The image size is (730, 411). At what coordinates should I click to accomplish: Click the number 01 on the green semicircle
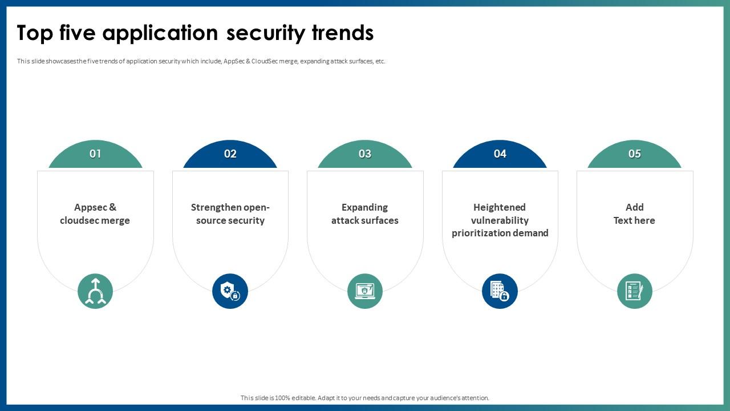(x=95, y=154)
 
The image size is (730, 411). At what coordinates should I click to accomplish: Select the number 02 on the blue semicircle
(x=230, y=154)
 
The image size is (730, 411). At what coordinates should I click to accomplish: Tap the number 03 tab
(x=365, y=154)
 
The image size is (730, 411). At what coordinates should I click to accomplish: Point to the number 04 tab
(x=500, y=154)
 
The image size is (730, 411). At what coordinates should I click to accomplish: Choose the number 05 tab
(x=635, y=154)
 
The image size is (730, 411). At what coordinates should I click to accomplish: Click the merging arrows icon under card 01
(x=95, y=291)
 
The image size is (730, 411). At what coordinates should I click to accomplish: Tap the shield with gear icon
(x=230, y=291)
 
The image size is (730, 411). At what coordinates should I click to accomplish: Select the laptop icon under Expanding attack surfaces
(x=365, y=291)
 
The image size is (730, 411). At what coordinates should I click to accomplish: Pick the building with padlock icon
(x=500, y=291)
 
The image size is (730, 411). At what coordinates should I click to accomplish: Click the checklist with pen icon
(x=635, y=291)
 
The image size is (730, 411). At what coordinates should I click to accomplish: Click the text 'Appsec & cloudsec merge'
(x=95, y=214)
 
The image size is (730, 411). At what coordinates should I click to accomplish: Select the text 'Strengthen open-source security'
(x=230, y=214)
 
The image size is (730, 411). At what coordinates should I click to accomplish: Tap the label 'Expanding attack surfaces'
(x=365, y=214)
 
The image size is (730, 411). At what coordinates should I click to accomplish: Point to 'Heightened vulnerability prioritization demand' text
(x=500, y=220)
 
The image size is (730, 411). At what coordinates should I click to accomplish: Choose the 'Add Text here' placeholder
(x=635, y=214)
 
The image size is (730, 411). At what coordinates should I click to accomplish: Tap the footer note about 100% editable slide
(x=365, y=398)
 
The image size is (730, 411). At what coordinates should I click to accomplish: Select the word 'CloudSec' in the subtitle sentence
(x=265, y=61)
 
